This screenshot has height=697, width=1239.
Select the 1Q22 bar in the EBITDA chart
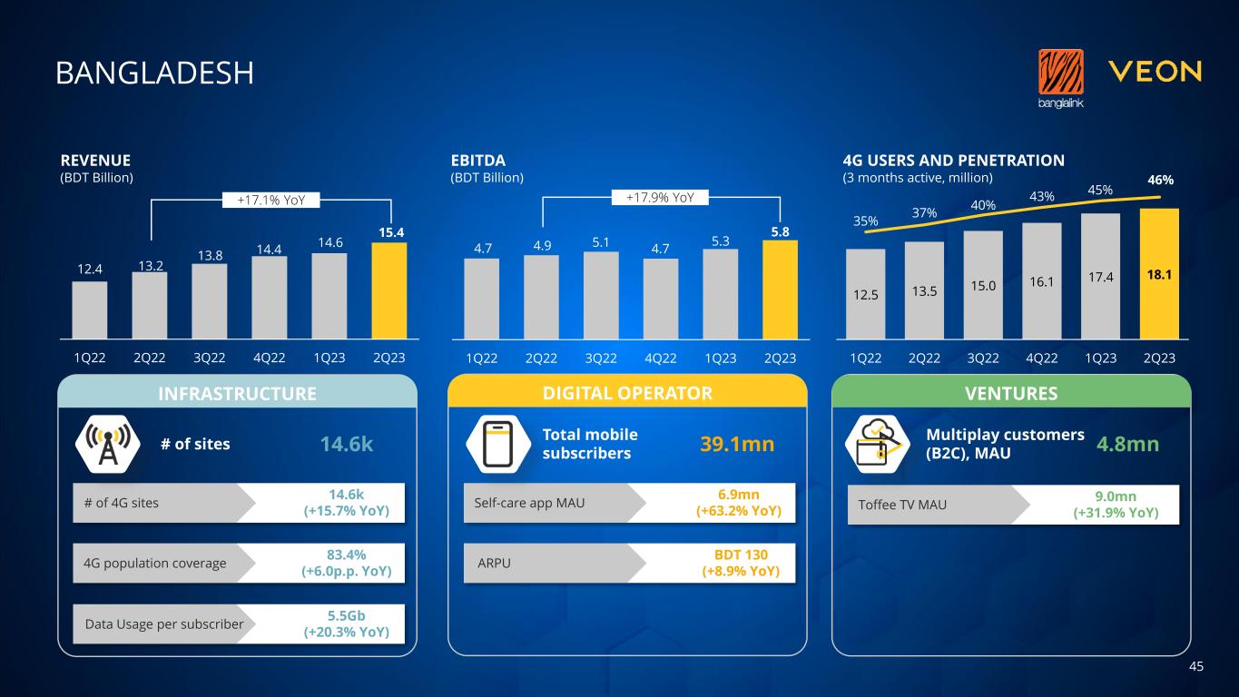[x=481, y=299]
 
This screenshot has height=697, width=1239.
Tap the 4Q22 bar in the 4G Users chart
[x=1042, y=280]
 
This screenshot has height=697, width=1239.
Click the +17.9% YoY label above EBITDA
[x=660, y=196]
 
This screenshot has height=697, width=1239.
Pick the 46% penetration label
[x=1159, y=181]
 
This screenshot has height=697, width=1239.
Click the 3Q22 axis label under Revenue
[x=210, y=358]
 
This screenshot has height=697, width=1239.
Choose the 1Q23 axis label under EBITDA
[x=721, y=358]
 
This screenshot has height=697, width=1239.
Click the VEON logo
[x=1155, y=72]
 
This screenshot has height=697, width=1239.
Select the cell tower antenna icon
[x=107, y=445]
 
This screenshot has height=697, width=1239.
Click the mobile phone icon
[x=498, y=445]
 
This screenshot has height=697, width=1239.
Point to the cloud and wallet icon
[x=876, y=444]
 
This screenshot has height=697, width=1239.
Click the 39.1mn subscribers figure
[x=736, y=444]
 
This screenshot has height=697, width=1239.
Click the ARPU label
[x=494, y=563]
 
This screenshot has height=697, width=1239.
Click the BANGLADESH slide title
[x=154, y=73]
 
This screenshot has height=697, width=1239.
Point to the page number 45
[x=1195, y=667]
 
